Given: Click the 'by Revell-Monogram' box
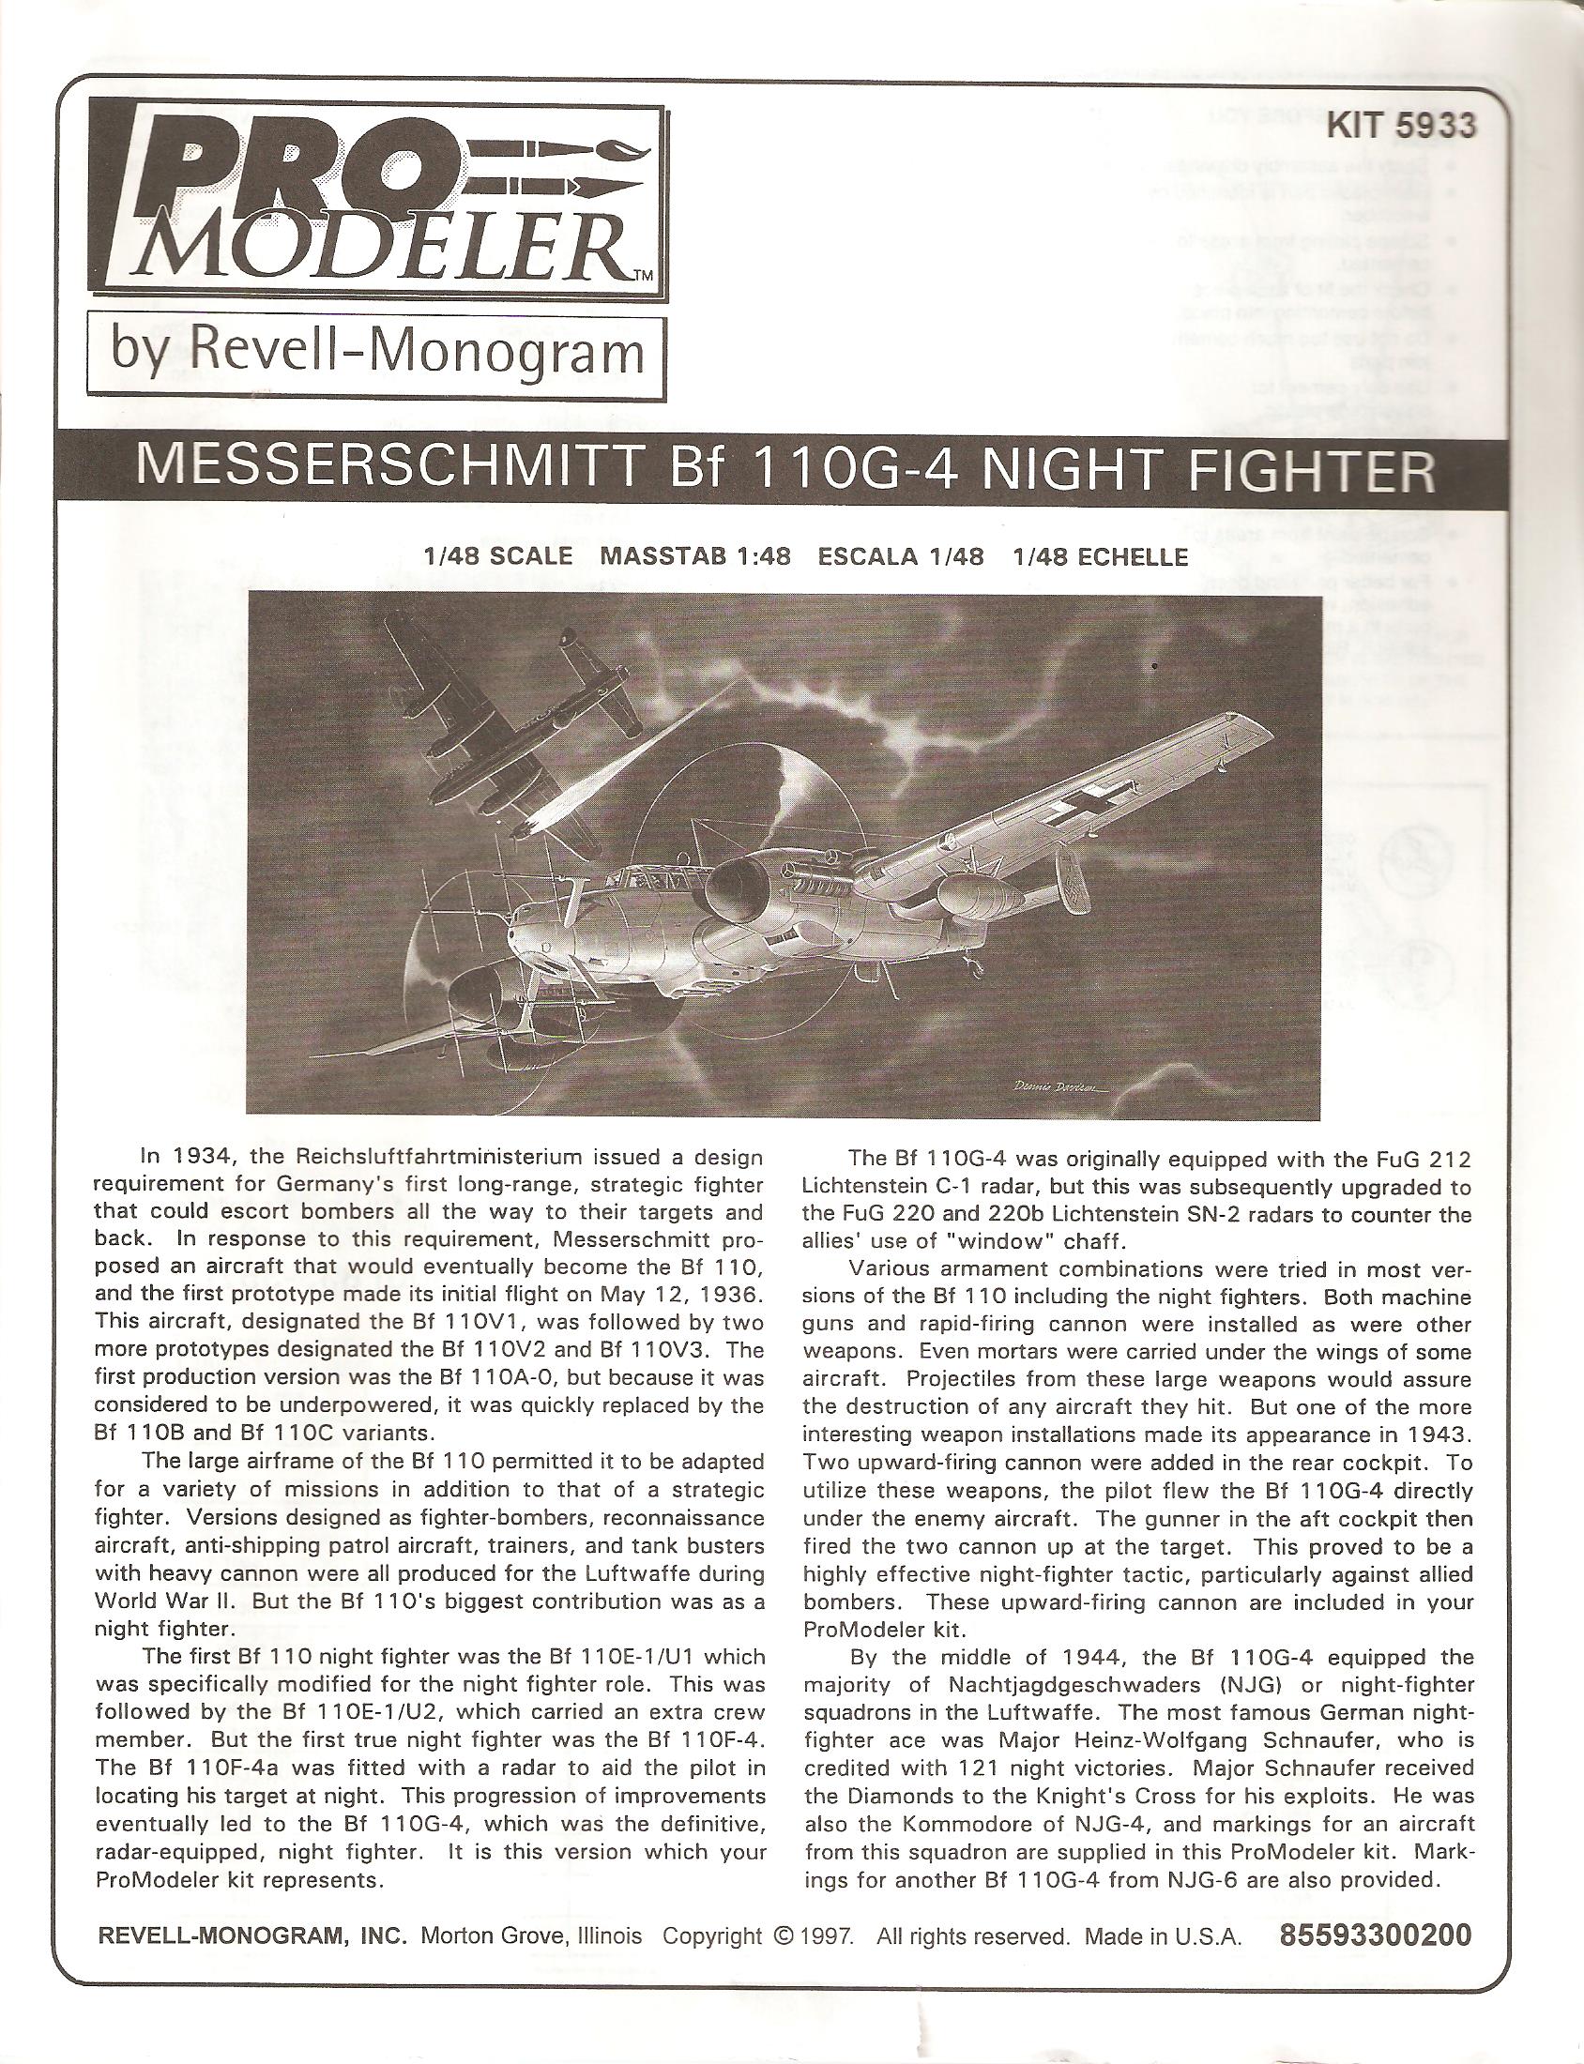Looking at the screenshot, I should coord(377,354).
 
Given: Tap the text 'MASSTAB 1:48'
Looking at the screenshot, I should coord(695,556).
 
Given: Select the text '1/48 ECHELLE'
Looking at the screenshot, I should coord(1100,556).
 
